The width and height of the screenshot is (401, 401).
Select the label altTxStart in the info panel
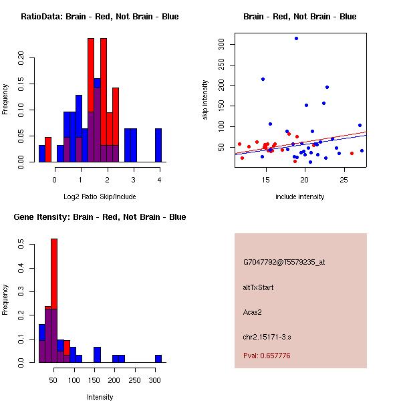(x=258, y=287)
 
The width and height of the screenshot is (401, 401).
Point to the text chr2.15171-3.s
(x=265, y=336)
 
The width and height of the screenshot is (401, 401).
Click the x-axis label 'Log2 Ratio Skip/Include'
(x=99, y=196)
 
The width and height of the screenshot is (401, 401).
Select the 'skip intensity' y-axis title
(x=205, y=100)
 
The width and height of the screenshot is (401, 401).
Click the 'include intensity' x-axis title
(x=300, y=196)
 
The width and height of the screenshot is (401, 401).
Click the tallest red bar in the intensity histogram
(x=54, y=301)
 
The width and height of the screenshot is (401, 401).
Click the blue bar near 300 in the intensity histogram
(x=158, y=358)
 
